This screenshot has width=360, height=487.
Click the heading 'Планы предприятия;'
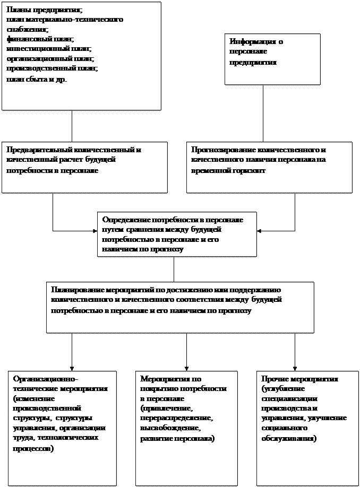pyautogui.click(x=45, y=11)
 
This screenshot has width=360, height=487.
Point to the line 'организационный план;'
pyautogui.click(x=50, y=58)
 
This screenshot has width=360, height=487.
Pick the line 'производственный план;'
pyautogui.click(x=53, y=68)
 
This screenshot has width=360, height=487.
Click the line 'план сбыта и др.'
pyautogui.click(x=37, y=79)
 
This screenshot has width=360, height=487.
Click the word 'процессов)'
pyautogui.click(x=32, y=448)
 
